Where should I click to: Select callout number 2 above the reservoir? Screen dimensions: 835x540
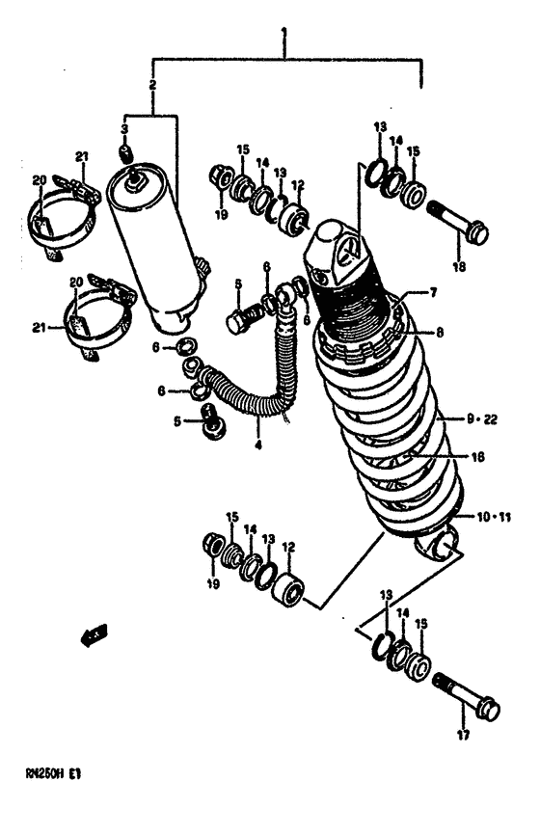point(152,88)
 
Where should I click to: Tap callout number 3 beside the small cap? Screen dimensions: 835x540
point(124,129)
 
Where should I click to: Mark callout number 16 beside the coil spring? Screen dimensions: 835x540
point(478,458)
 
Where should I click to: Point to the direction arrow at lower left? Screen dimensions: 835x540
point(94,634)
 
